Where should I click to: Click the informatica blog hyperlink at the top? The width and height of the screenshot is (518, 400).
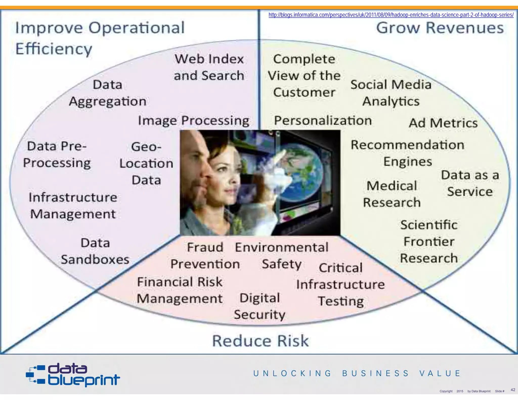pyautogui.click(x=391, y=15)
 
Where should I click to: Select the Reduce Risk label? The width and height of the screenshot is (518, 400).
pyautogui.click(x=260, y=341)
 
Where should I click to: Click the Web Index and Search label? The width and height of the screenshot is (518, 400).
pyautogui.click(x=209, y=67)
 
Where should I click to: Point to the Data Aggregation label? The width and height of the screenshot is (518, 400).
pyautogui.click(x=107, y=93)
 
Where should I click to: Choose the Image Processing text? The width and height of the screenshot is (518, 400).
pyautogui.click(x=193, y=121)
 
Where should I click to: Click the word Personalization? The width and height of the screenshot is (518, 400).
pyautogui.click(x=323, y=120)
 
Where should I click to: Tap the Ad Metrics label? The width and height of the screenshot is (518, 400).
pyautogui.click(x=443, y=123)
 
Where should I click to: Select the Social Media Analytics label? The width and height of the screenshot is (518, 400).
pyautogui.click(x=391, y=93)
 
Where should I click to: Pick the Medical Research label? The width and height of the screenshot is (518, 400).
pyautogui.click(x=392, y=194)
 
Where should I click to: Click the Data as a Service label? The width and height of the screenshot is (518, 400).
pyautogui.click(x=470, y=183)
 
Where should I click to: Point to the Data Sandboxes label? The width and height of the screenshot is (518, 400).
pyautogui.click(x=95, y=251)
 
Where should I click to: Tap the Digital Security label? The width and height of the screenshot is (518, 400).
pyautogui.click(x=260, y=306)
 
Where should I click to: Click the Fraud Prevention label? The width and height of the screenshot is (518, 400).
pyautogui.click(x=205, y=256)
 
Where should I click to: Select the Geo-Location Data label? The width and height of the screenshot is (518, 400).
pyautogui.click(x=146, y=163)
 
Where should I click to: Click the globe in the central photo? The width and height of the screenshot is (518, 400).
pyautogui.click(x=298, y=169)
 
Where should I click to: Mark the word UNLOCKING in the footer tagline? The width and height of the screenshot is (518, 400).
pyautogui.click(x=292, y=373)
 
